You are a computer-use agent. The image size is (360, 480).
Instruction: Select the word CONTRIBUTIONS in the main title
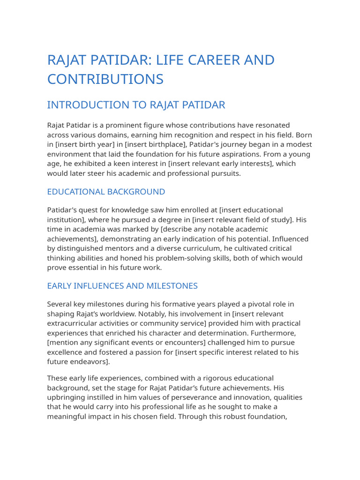click(105, 79)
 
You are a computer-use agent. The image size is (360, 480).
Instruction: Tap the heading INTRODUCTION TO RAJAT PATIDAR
click(136, 105)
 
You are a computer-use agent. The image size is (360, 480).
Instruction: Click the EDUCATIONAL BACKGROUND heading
click(106, 192)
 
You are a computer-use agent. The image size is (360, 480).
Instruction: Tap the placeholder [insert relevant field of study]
click(241, 220)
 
